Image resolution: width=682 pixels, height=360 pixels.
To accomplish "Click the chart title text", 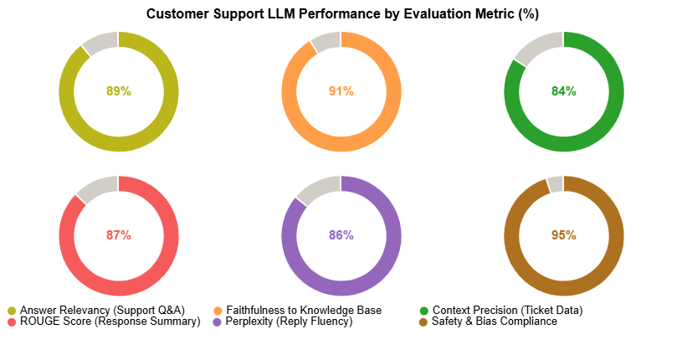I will coord(342,13).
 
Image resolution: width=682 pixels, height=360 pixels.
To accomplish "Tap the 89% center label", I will coord(119,91).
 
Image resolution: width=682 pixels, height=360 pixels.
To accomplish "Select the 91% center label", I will coord(341,91).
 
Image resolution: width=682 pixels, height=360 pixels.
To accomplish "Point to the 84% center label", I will coord(564,91).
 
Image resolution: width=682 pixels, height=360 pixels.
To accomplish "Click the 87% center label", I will coord(119,235).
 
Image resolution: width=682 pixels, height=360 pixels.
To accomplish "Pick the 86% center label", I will coord(341,235).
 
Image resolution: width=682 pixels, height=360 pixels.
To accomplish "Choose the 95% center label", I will coord(564,235).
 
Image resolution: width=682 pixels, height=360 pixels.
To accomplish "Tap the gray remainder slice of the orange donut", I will coord(327,40).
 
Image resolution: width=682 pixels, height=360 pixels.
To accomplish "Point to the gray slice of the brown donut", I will coord(555,183).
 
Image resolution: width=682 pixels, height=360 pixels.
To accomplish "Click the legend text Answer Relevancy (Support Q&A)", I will coord(102,310).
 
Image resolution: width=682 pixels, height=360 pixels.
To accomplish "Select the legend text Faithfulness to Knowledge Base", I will coord(303,310).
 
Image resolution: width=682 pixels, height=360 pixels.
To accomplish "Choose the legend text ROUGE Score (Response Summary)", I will coord(110,321).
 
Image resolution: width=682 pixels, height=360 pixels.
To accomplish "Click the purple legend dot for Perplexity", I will coord(218,321).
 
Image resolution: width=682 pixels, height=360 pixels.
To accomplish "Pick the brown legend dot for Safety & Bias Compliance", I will coord(423,321).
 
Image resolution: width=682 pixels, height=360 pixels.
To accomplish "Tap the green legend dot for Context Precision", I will coord(423,310).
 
